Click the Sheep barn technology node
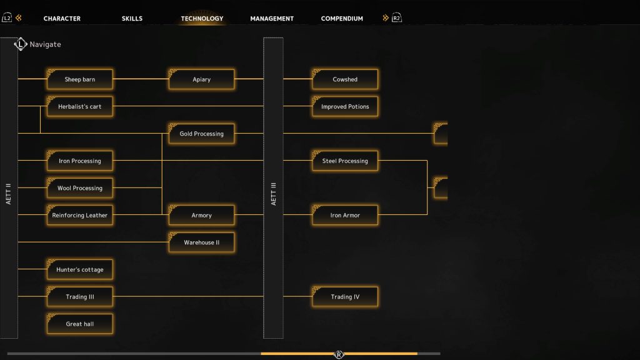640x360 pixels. (79, 79)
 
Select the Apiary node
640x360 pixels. (202, 79)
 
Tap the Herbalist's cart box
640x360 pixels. (79, 106)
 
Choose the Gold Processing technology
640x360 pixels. (202, 134)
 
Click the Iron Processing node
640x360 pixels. (79, 161)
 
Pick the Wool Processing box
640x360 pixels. (79, 187)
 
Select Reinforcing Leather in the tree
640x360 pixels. (79, 215)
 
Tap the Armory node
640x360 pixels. (202, 215)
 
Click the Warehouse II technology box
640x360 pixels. (202, 242)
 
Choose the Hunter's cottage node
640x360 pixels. (79, 269)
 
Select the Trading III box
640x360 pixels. (79, 297)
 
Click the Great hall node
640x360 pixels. (79, 324)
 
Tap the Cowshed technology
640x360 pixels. (345, 79)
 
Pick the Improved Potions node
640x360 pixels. (345, 106)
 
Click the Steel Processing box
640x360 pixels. (345, 161)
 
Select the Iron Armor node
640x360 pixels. (345, 215)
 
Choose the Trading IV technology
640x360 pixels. (345, 297)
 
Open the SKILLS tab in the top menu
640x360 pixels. (132, 18)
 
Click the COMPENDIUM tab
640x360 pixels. (342, 18)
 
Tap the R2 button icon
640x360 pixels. (397, 18)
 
